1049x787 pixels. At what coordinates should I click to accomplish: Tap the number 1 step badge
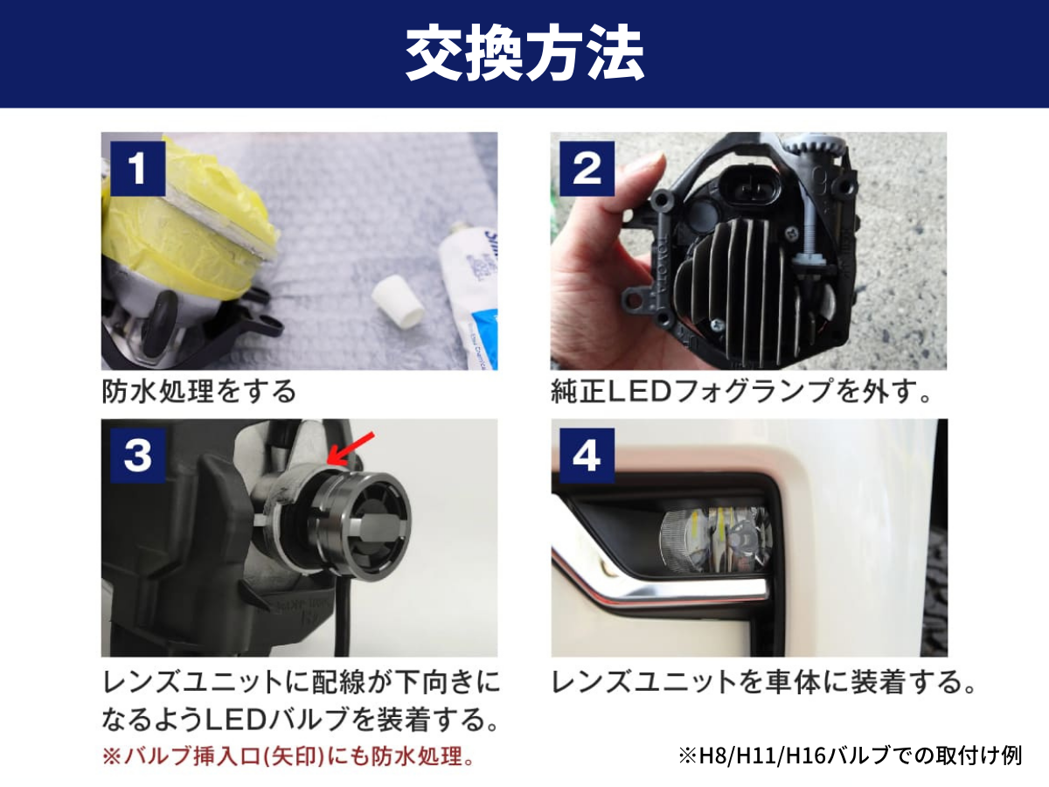pos(138,169)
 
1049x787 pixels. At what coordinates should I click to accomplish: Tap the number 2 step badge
pos(587,169)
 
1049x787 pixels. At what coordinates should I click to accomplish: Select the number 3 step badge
pos(138,455)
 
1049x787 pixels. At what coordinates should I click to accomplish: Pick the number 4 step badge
pos(587,455)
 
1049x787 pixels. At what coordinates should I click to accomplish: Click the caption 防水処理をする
pos(200,391)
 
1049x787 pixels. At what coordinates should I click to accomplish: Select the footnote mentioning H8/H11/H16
pos(849,756)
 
